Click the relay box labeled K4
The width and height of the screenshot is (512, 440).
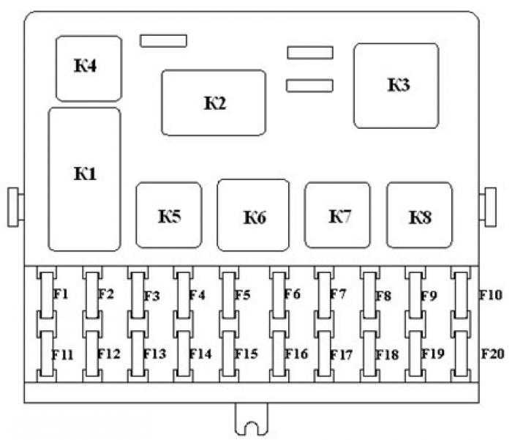tap(89, 69)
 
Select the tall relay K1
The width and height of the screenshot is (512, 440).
tap(85, 179)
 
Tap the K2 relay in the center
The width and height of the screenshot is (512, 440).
tap(214, 102)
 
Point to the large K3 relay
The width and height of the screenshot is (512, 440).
tap(396, 86)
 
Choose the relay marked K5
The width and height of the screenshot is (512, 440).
tap(169, 215)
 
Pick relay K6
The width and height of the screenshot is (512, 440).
tap(253, 215)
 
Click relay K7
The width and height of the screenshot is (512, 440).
tap(337, 215)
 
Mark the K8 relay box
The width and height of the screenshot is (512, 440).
tap(420, 215)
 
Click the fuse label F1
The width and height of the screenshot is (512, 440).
tap(61, 294)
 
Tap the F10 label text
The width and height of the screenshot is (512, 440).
tap(491, 295)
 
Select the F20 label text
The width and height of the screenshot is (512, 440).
tap(493, 354)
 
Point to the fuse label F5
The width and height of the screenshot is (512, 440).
tap(243, 295)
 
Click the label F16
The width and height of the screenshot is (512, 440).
tap(296, 354)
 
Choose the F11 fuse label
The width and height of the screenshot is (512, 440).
tap(62, 354)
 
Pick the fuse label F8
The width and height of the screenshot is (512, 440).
tap(383, 296)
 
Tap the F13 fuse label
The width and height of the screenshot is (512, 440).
tap(154, 354)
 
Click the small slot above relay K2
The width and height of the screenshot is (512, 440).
tap(163, 41)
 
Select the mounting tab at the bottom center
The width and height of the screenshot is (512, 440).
tap(251, 419)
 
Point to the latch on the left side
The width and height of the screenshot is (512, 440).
tap(15, 207)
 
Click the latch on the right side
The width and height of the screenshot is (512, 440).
tap(488, 207)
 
